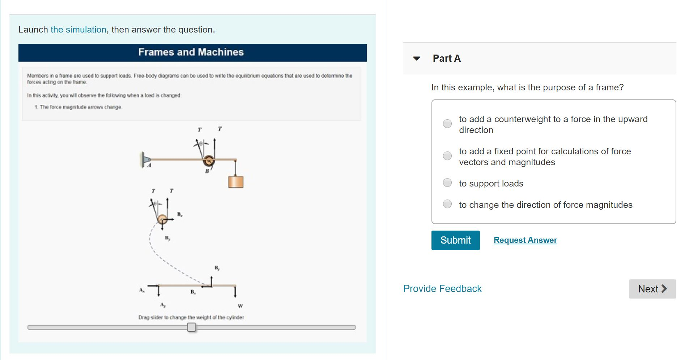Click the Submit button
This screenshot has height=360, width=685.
coord(455,240)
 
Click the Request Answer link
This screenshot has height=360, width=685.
coord(525,240)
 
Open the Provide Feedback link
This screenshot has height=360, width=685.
coord(442,289)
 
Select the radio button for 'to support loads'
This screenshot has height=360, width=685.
coord(447,183)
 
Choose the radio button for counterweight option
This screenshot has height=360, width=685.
coord(447,124)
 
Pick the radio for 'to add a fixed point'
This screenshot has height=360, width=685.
coord(447,156)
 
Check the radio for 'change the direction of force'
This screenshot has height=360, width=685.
coord(447,204)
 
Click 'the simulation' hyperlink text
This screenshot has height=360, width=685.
coord(78,30)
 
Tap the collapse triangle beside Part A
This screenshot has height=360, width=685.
coord(417,59)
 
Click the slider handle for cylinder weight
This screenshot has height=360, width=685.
coord(191,327)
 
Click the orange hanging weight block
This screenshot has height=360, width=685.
coord(235,181)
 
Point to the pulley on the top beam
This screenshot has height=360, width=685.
coord(209,161)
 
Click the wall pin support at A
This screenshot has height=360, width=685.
coord(145,159)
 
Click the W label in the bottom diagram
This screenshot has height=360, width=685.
coord(241,306)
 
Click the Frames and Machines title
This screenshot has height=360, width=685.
coord(191,52)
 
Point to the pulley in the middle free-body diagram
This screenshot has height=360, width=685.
coord(162,219)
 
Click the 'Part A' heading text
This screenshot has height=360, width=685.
coord(447,59)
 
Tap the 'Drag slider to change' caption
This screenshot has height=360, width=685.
coord(191,317)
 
